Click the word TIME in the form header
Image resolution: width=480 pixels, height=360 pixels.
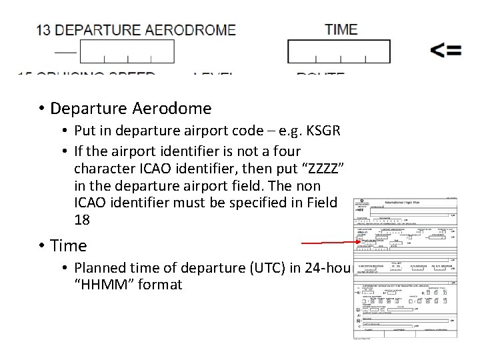(341, 29)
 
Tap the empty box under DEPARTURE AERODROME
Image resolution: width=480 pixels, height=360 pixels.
(127, 51)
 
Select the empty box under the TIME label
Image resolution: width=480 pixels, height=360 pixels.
(339, 51)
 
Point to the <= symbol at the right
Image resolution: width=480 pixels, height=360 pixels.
(445, 51)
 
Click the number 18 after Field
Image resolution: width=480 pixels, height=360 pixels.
(83, 220)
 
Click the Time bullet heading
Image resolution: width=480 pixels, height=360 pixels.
(69, 245)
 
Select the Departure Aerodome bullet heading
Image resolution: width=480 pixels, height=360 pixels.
(131, 108)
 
